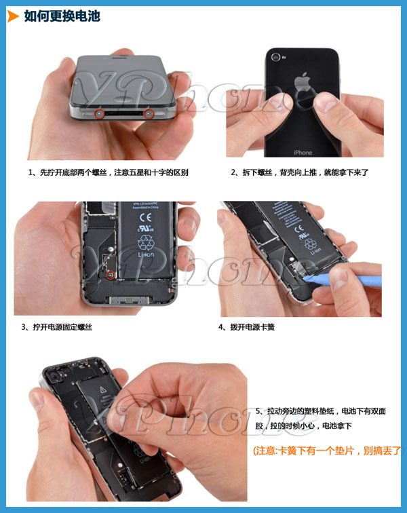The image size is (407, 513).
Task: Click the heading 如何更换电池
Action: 62,16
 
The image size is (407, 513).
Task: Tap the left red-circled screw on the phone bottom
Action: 99,114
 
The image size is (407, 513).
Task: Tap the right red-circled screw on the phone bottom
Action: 149,114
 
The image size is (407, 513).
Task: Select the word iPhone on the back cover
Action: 303,153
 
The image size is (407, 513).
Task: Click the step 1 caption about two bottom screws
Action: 109,172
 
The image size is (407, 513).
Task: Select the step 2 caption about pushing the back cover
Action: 299,172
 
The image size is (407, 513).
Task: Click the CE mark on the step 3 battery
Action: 145,218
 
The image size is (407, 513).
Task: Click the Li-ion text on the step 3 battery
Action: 145,254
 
